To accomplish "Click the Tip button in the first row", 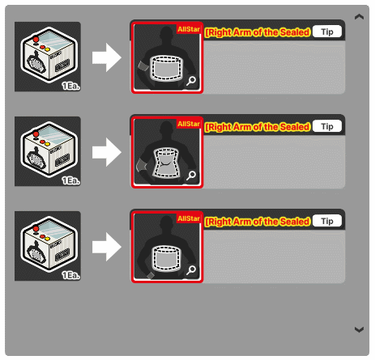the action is click(327, 32).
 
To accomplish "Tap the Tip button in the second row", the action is click(327, 126).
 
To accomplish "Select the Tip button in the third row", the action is click(327, 221).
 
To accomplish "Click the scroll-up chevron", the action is click(359, 17).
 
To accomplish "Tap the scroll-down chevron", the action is click(359, 329).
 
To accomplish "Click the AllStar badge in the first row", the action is click(189, 29).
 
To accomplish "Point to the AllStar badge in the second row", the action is click(189, 124).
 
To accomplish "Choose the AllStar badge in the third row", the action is click(189, 218).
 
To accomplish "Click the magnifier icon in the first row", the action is click(191, 81).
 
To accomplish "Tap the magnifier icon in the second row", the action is click(191, 176).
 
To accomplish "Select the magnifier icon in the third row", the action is click(191, 270).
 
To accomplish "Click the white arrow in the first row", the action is click(107, 57).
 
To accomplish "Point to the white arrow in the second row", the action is click(107, 152).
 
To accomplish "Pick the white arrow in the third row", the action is click(107, 247).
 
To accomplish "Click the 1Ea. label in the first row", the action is click(71, 86).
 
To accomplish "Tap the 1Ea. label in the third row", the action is click(71, 275).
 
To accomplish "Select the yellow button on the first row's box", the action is click(47, 49).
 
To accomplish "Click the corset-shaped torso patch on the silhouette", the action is click(166, 163).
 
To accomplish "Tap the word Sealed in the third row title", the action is click(295, 222).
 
